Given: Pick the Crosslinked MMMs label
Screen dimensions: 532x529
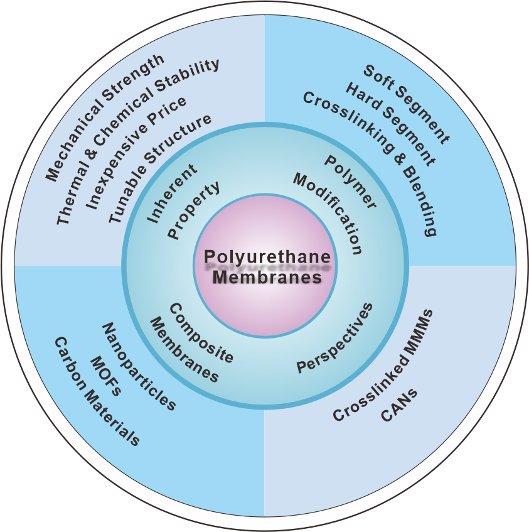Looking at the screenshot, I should point(383,365).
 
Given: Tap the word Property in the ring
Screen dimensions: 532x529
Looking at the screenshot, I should point(194,210).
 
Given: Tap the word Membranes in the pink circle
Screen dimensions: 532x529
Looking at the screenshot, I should point(266,277).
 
